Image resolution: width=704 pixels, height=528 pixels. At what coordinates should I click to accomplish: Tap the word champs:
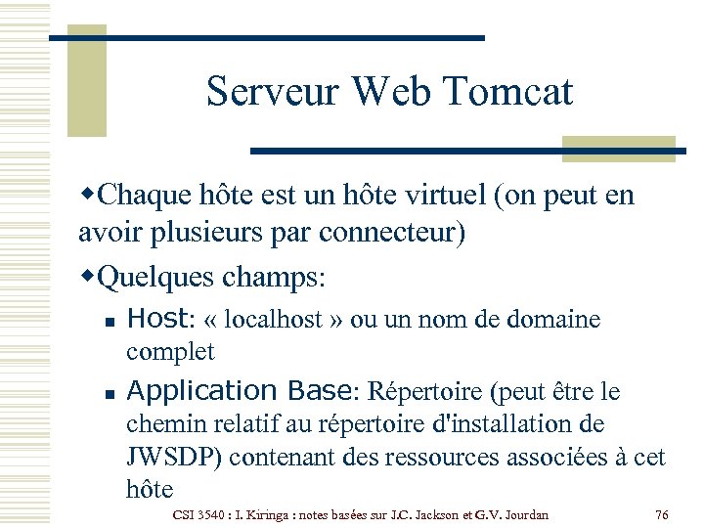275,277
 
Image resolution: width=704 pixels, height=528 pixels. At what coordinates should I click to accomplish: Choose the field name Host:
161,320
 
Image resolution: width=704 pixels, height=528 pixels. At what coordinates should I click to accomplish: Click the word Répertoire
426,392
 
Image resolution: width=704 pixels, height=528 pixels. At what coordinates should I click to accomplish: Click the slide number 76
662,514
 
